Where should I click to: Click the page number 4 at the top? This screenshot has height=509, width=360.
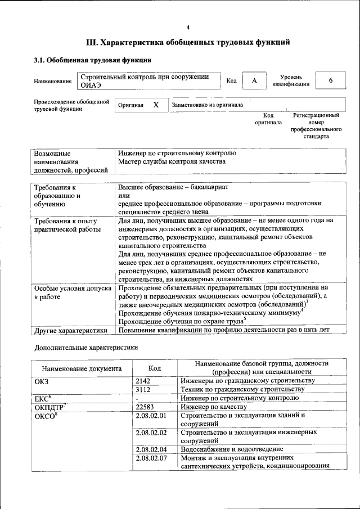pos(188,28)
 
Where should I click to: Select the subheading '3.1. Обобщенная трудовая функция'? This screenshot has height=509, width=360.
pos(92,60)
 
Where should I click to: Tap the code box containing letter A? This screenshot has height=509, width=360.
pos(254,81)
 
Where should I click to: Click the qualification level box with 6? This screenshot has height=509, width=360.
pos(331,80)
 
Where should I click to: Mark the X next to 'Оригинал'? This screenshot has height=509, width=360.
pos(156,105)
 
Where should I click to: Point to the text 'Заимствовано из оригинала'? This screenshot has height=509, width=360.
pos(207,105)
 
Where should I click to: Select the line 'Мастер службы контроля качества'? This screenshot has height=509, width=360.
pos(172,162)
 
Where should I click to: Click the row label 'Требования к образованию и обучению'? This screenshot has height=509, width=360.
pos(61,196)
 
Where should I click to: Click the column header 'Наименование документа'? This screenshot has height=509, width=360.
pos(82,369)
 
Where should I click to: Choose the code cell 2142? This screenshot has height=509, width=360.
pos(145,381)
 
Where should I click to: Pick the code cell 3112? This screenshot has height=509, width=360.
pos(145,389)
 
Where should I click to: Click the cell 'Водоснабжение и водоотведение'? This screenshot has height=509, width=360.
pos(232,449)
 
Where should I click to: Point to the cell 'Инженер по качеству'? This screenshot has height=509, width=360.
pos(214,407)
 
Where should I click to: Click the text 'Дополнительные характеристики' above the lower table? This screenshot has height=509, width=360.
pos(86,348)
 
